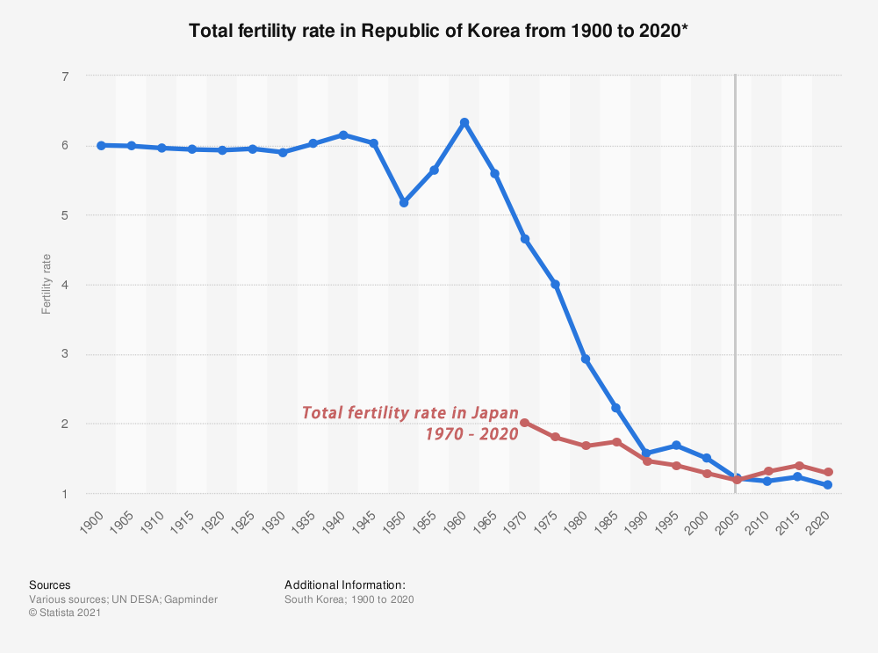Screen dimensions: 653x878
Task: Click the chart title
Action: pyautogui.click(x=439, y=31)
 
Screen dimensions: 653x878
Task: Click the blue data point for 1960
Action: pyautogui.click(x=464, y=122)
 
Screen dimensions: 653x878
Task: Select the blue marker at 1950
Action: pyautogui.click(x=404, y=202)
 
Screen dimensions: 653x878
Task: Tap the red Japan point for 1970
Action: pyautogui.click(x=525, y=423)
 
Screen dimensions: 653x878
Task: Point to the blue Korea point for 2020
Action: pyautogui.click(x=828, y=485)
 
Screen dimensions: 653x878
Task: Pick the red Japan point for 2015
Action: pyautogui.click(x=798, y=465)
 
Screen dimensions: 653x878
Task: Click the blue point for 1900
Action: pyautogui.click(x=101, y=145)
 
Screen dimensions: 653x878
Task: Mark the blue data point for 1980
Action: pyautogui.click(x=586, y=359)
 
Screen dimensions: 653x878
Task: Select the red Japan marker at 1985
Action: pyautogui.click(x=616, y=442)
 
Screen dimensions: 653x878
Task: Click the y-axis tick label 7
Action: pyautogui.click(x=65, y=76)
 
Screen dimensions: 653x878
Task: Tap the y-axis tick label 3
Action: pyautogui.click(x=65, y=354)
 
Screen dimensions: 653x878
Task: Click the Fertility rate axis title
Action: pyautogui.click(x=46, y=285)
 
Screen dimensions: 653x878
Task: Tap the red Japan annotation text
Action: pyautogui.click(x=411, y=423)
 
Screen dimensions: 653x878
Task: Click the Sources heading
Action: pyautogui.click(x=50, y=584)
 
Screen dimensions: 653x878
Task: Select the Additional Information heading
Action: pyautogui.click(x=344, y=584)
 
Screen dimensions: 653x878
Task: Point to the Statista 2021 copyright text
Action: pyautogui.click(x=65, y=613)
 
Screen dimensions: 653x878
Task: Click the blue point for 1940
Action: pyautogui.click(x=343, y=134)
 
